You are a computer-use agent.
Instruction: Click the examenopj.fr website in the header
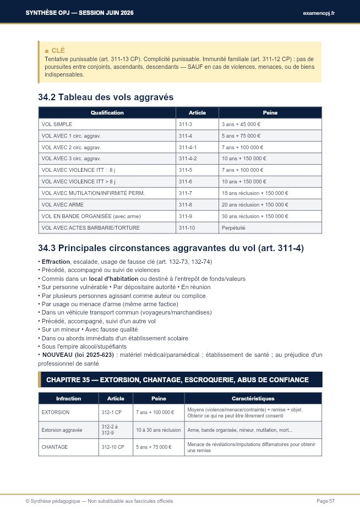tap(319, 13)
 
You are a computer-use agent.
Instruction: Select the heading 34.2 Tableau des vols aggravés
tap(106, 97)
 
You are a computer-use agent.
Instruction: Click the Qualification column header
tap(107, 113)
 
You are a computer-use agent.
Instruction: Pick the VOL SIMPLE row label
tap(57, 124)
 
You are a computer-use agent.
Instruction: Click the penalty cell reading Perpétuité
tap(233, 227)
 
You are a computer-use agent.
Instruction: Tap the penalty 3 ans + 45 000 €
tap(241, 124)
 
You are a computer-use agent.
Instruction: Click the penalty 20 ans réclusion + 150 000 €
tap(255, 205)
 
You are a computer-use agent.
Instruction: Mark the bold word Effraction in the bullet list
tap(56, 262)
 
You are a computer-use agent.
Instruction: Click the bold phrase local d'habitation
tap(113, 279)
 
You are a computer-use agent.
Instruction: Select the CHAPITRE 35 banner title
tap(177, 379)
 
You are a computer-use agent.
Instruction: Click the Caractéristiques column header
tap(253, 398)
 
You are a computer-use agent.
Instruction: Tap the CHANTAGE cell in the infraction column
tap(54, 447)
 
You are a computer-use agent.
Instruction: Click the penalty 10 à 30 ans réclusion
tap(159, 430)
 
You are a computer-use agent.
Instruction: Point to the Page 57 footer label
tap(325, 501)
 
